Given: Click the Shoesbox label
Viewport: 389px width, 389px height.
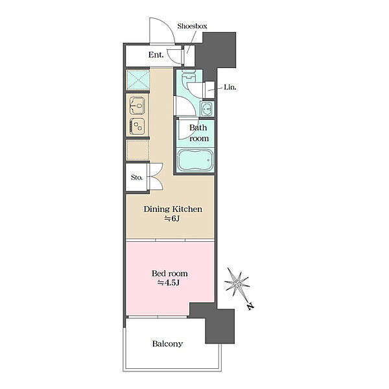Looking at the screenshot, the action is click(x=192, y=26).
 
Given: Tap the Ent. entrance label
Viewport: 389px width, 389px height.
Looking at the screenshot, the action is click(x=156, y=55).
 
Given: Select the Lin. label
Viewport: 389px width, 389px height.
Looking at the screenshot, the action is click(x=230, y=88).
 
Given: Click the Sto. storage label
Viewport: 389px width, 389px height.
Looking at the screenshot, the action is click(x=137, y=178).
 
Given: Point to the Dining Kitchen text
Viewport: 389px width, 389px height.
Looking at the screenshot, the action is click(x=173, y=209).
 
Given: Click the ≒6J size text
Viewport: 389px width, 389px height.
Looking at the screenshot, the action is click(x=172, y=219).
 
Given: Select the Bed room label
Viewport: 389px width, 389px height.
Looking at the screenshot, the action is click(x=170, y=274).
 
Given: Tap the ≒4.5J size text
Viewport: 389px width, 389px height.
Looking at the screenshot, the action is click(x=169, y=283).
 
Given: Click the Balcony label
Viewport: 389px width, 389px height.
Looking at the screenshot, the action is click(x=167, y=344).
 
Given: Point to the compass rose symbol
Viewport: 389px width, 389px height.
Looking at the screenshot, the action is click(x=237, y=283).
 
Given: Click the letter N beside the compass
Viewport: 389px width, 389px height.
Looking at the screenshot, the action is click(x=250, y=307).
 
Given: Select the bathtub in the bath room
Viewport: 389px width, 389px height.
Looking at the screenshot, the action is click(x=195, y=160).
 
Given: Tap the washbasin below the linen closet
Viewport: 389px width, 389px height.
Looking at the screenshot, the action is click(x=207, y=109).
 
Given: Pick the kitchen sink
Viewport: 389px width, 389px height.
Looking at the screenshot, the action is click(x=137, y=105).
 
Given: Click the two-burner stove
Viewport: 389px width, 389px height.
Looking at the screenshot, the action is click(x=137, y=126).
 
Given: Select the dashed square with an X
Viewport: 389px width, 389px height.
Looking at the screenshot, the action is click(x=137, y=80).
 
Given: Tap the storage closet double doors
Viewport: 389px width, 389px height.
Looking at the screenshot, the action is click(x=155, y=177).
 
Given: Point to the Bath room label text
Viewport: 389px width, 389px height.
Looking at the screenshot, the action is click(x=198, y=133).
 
